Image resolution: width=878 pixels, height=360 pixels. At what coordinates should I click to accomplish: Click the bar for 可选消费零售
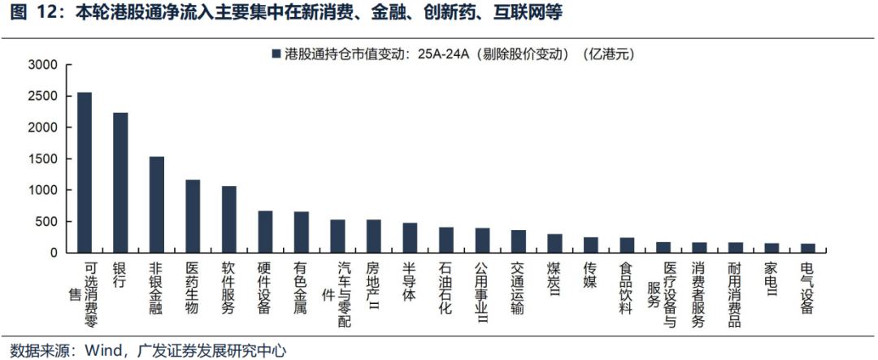85,172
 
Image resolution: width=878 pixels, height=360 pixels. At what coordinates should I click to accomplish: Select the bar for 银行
120,183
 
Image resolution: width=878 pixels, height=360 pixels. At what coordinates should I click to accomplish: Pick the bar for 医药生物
193,216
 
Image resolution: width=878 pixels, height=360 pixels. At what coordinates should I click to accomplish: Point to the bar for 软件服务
229,219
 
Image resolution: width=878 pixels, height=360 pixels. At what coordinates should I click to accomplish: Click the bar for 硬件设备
265,232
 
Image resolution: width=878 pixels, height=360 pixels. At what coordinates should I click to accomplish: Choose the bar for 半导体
410,237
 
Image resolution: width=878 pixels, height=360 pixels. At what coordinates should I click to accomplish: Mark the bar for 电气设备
807,248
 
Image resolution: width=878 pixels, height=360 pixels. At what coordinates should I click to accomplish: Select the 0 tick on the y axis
53,253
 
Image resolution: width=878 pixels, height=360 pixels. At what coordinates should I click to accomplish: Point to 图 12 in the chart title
27,14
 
